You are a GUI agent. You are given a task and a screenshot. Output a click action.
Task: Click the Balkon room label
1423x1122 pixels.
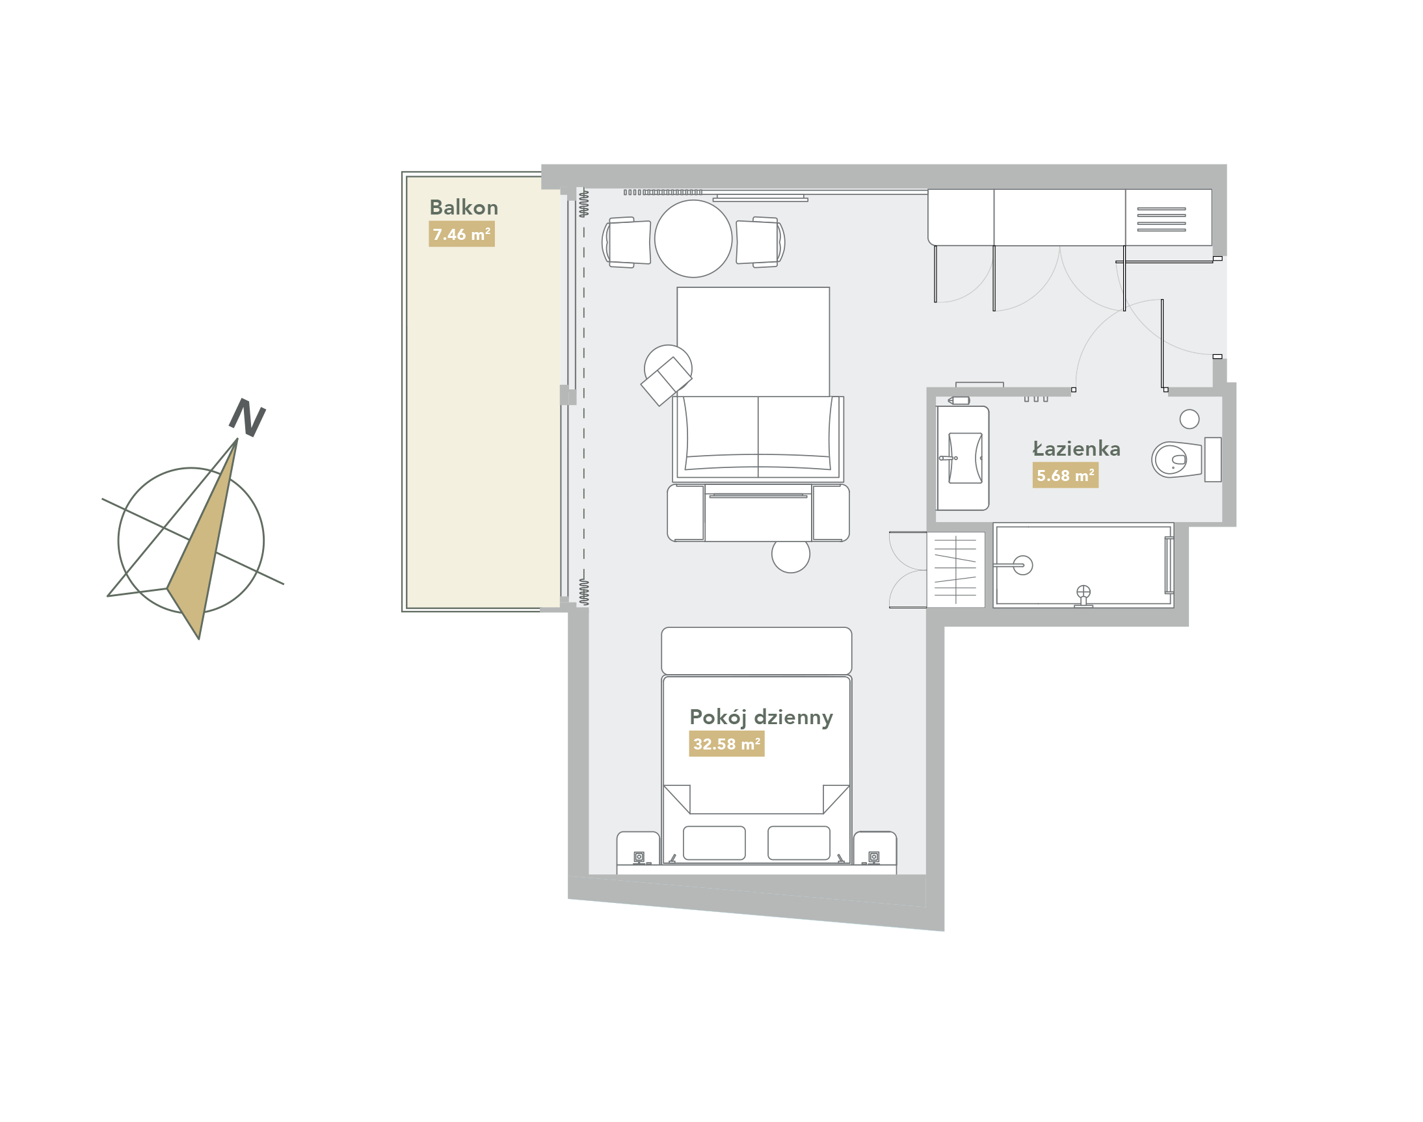tap(463, 207)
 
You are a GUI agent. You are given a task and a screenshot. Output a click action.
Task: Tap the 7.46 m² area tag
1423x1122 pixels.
tap(461, 234)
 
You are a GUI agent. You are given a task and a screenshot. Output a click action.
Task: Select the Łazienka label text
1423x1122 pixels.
tap(1076, 449)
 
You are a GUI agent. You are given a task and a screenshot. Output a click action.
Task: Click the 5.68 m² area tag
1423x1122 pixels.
tap(1065, 475)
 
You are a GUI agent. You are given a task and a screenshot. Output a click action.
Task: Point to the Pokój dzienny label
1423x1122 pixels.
tap(760, 718)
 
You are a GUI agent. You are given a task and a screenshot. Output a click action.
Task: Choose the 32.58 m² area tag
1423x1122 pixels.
tap(726, 744)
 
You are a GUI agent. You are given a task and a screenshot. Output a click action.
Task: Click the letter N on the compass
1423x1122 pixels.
tap(247, 417)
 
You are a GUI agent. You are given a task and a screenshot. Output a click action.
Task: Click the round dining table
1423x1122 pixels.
tap(693, 239)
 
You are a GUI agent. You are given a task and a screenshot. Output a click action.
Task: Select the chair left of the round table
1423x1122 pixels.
tap(626, 242)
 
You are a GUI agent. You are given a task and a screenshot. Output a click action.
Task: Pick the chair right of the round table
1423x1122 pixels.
tap(760, 242)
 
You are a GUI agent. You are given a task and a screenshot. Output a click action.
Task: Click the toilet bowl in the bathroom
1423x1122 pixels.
tap(1176, 459)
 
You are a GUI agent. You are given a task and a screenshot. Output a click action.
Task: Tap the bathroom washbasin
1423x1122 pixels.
tap(965, 458)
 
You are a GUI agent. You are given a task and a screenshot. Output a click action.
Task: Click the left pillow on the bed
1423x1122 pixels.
tap(714, 843)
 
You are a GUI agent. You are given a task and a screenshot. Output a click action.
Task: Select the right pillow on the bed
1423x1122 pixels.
tap(799, 843)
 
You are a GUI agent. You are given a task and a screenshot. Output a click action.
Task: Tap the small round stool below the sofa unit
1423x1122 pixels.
tap(791, 555)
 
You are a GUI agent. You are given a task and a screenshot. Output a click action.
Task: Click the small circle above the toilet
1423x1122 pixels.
tap(1189, 419)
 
